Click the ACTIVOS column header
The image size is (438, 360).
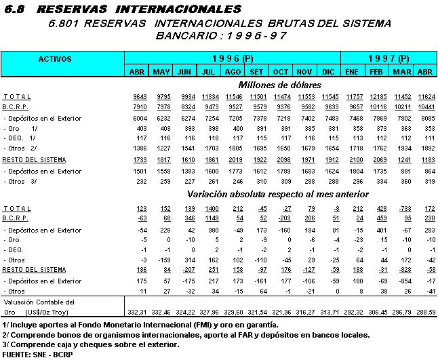[55, 59]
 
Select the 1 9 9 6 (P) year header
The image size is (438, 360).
[232, 59]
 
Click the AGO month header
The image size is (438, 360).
[233, 71]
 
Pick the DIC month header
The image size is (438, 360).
[328, 71]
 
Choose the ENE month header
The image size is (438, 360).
[353, 71]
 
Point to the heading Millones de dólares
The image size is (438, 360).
[279, 85]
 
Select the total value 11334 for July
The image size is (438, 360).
[210, 97]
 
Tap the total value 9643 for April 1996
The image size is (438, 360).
[138, 97]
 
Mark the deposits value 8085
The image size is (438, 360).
[426, 117]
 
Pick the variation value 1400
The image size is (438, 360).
[210, 209]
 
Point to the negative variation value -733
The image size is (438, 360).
[401, 209]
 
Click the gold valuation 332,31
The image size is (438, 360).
[136, 311]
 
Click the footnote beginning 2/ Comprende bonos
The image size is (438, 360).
[186, 335]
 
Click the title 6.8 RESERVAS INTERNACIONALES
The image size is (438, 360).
[122, 9]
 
